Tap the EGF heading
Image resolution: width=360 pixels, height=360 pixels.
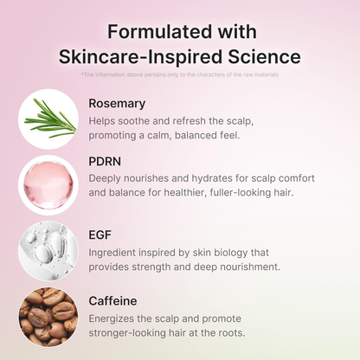(100, 234)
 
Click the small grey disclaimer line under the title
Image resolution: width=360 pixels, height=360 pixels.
(179, 74)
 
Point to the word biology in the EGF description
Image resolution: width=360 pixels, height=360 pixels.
(232, 252)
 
